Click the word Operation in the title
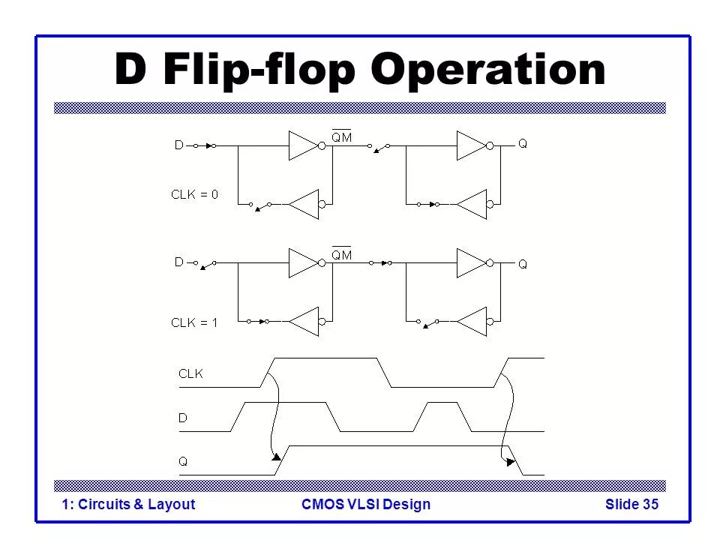(490, 70)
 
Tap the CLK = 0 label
(194, 194)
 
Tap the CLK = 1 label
(194, 322)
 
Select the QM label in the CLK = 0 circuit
(342, 136)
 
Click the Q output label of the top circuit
(523, 144)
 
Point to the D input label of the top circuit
(179, 146)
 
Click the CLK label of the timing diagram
(190, 373)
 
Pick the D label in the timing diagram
(182, 418)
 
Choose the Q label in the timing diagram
(182, 462)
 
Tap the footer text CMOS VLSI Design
(365, 504)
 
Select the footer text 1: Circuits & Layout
(128, 504)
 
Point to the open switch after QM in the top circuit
(379, 148)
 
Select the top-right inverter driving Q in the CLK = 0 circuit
(472, 145)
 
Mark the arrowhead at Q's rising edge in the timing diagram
(276, 455)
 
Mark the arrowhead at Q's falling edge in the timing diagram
(511, 462)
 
